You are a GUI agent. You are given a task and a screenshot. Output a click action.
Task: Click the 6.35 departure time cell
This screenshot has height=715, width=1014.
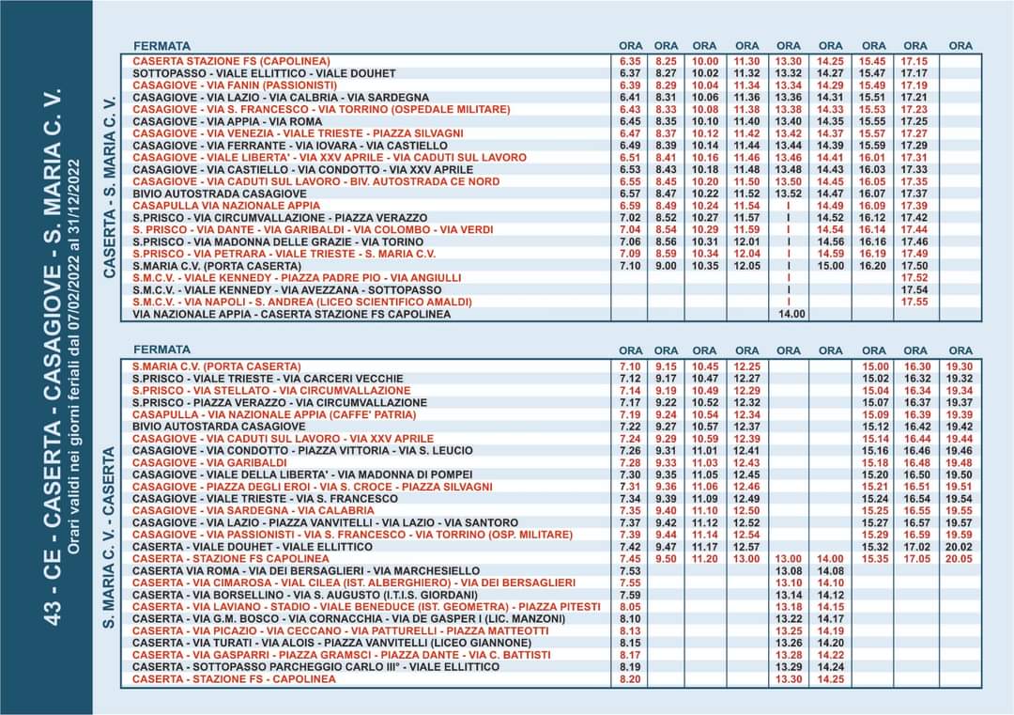[630, 61]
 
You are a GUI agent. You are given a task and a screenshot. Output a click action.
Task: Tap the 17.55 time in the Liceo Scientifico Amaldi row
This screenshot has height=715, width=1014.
[914, 302]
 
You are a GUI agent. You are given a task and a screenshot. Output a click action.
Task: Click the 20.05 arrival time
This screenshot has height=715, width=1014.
[960, 558]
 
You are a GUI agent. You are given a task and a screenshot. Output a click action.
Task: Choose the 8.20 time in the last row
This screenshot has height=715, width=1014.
[630, 678]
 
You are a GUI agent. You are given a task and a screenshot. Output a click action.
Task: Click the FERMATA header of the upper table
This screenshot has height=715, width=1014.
[161, 46]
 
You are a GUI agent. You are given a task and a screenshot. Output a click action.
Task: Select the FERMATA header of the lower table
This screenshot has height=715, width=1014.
[161, 350]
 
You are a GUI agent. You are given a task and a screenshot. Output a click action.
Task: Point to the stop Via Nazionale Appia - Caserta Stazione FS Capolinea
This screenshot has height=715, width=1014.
[291, 314]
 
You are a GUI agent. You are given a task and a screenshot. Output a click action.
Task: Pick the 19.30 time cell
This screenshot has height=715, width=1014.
[960, 366]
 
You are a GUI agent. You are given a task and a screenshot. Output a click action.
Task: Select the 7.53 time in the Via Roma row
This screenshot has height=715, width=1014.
[630, 570]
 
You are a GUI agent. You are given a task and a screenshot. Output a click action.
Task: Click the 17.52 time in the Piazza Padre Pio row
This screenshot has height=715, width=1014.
[914, 278]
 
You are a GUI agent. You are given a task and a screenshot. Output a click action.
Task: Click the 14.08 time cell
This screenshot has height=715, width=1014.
[830, 570]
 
